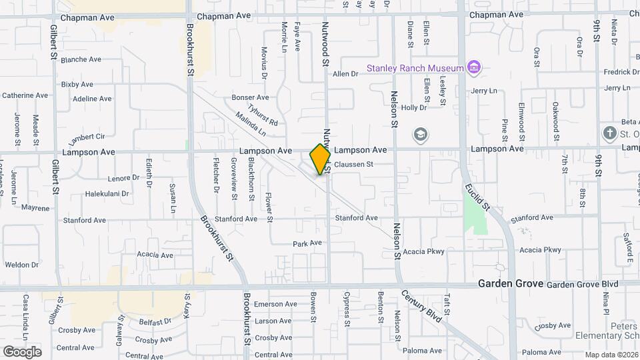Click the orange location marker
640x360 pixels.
point(321,159)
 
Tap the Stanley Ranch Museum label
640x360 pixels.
point(415,68)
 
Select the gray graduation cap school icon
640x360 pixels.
point(421,134)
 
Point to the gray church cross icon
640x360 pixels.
point(609,133)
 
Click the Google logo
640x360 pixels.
point(22,351)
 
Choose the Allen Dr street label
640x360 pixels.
point(345,74)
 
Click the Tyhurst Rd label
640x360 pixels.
point(263,115)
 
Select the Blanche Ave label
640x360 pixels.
point(81,59)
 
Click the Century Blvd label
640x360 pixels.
point(422,307)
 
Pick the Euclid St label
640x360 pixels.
point(477,197)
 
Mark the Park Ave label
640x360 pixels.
point(307,243)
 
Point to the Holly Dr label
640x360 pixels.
point(413,107)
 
